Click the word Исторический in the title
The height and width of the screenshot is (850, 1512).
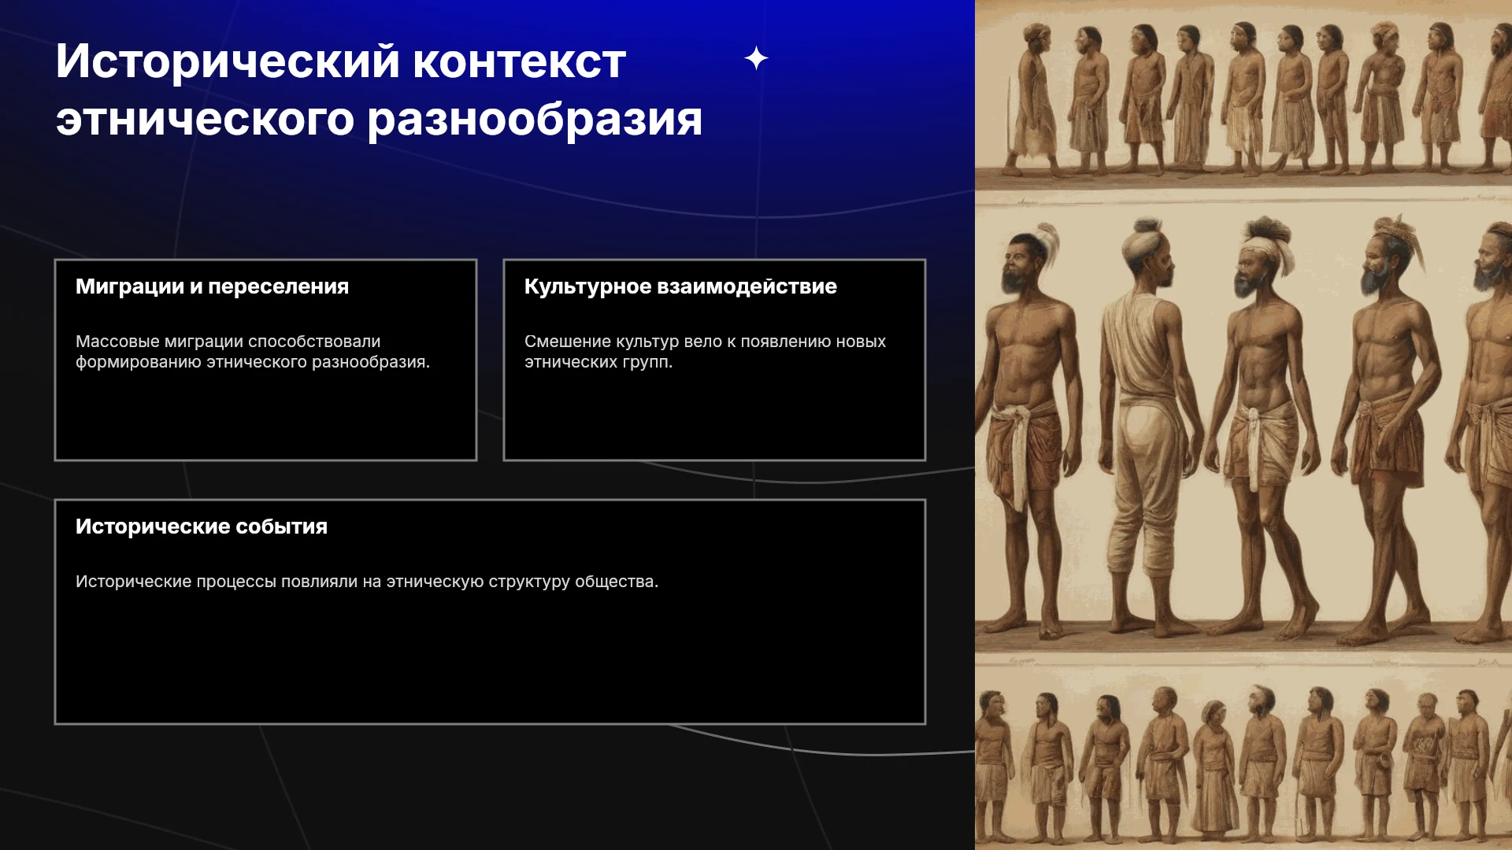(228, 61)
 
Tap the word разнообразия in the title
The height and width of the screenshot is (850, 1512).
(535, 120)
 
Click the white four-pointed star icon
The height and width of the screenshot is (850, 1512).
(756, 58)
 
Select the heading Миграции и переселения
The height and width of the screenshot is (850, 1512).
(212, 286)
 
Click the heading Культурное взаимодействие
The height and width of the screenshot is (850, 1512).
(680, 286)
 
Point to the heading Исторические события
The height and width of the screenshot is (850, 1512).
(202, 527)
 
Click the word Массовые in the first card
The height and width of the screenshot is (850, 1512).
(117, 342)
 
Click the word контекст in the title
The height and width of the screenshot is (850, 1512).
(520, 61)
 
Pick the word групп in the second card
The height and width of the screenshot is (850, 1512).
(648, 363)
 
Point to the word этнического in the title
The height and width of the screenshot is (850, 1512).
(205, 120)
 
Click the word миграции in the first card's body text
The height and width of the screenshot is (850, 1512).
(204, 342)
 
